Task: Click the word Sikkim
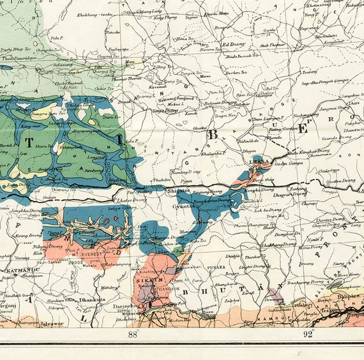tap(149, 280)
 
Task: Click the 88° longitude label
tap(133, 334)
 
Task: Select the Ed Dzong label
tap(233, 45)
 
